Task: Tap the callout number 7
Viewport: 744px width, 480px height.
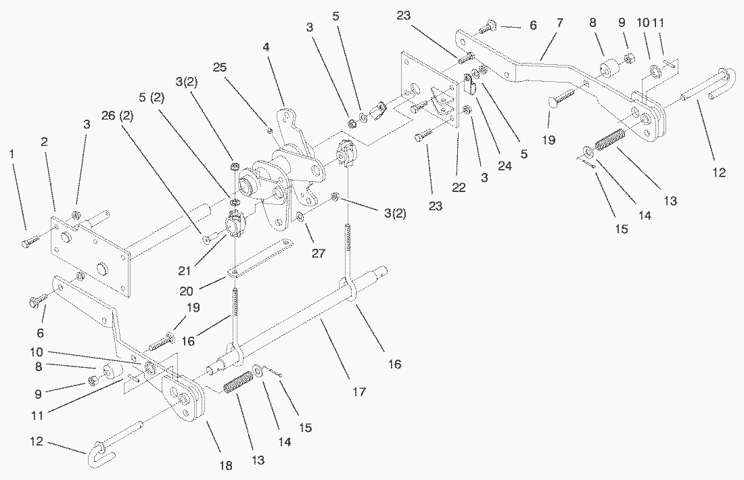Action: coord(559,23)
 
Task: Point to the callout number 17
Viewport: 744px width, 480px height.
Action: coord(359,391)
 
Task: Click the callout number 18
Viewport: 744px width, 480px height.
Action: coord(225,465)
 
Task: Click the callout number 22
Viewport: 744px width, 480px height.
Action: coord(459,187)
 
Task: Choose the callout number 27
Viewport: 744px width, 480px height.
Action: coord(317,254)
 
